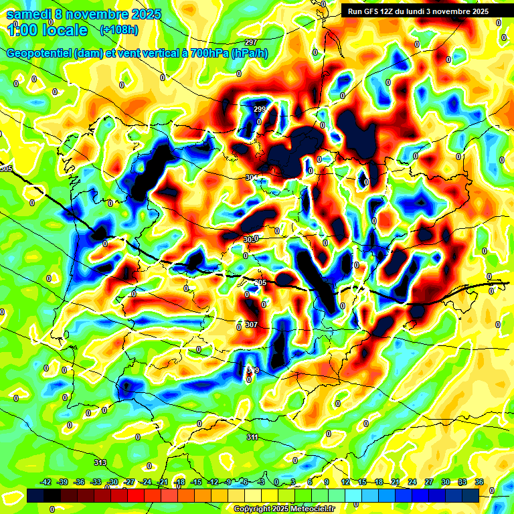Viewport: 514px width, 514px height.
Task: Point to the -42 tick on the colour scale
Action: coord(46,482)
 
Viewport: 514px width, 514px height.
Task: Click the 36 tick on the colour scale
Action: coord(479,482)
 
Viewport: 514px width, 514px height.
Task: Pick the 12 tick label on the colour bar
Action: coord(345,482)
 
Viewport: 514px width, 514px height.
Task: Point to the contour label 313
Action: coord(100,462)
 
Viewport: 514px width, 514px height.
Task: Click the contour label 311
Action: coord(252,437)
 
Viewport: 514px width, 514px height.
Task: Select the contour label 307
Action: coord(251,325)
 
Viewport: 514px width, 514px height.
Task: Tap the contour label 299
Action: coord(260,109)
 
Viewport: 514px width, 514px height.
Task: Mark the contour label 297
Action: coord(251,43)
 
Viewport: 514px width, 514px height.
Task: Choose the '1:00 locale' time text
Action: coord(48,30)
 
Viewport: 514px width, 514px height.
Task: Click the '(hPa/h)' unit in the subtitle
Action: coord(250,54)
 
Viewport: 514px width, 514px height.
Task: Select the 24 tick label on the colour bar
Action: coord(412,482)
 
